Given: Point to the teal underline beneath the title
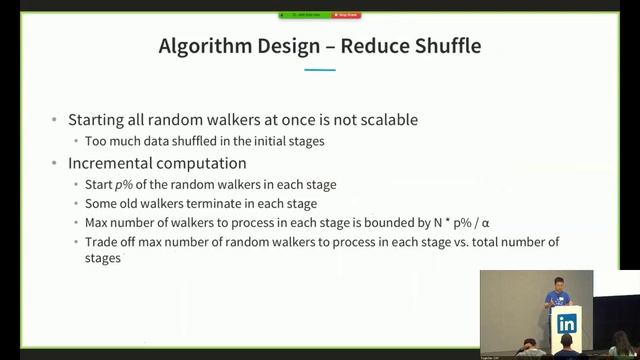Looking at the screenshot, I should click(319, 70).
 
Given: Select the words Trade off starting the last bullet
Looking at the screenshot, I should click(107, 242).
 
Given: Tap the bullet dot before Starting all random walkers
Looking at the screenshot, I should click(54, 120).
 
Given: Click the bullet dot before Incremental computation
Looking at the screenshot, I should click(54, 163).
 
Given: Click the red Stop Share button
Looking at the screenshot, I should click(345, 15).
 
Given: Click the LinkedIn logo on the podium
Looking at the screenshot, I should click(567, 323).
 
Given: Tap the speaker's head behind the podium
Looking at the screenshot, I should click(559, 284).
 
